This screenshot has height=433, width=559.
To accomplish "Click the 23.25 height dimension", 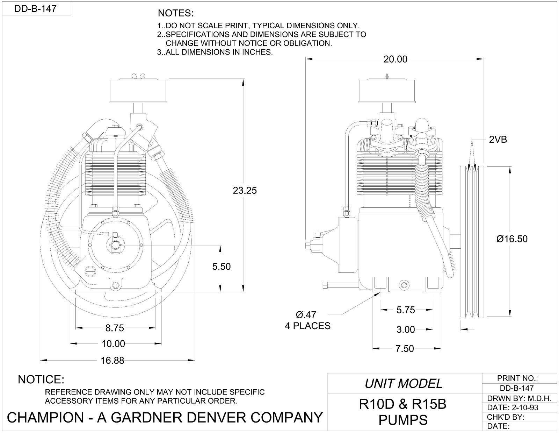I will [x=245, y=191].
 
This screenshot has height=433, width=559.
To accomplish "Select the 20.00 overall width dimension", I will [x=395, y=59].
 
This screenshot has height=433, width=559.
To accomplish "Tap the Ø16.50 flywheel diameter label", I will [x=511, y=239].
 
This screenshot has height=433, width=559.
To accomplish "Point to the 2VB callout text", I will [x=498, y=140].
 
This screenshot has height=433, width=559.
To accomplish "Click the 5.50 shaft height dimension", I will [x=222, y=267].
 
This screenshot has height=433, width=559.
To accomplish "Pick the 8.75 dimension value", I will [x=115, y=328].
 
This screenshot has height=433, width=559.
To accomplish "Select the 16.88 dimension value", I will [x=112, y=361].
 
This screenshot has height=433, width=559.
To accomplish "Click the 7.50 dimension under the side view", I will [x=405, y=349].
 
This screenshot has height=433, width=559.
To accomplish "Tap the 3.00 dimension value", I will [x=405, y=329].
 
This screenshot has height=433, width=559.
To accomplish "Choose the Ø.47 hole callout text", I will [x=306, y=314].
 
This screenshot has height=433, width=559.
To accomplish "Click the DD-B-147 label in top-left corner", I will [x=35, y=8].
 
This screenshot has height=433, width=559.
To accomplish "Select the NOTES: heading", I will [x=175, y=14].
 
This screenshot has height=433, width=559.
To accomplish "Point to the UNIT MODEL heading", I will [x=404, y=384].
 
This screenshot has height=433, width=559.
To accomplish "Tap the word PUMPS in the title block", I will [x=403, y=420].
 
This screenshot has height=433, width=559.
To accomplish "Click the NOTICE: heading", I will [x=41, y=379].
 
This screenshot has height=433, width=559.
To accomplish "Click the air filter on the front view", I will [x=139, y=91].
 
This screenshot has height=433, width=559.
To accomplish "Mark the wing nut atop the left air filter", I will [x=139, y=76].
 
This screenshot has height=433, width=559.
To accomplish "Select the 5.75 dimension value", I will [x=405, y=310].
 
